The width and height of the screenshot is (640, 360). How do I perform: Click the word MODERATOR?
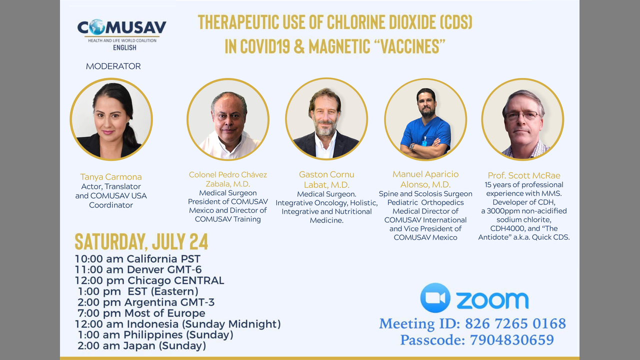[113, 66]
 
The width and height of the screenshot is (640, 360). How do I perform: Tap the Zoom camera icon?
[435, 297]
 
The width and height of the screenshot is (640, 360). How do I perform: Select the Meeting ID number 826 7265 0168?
[515, 323]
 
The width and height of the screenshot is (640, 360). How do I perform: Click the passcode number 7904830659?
[512, 340]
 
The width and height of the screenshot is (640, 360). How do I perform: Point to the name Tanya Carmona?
[111, 177]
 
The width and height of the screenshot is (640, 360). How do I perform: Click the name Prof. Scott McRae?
[523, 175]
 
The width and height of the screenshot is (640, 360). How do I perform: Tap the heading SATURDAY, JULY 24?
[141, 241]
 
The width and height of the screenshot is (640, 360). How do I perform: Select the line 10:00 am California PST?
[137, 259]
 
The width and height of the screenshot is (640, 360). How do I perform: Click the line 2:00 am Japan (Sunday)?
[141, 345]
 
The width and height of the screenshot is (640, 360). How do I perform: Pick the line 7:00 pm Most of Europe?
[141, 313]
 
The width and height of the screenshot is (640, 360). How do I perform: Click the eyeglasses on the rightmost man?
[522, 115]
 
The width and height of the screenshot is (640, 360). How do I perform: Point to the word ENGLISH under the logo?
[124, 47]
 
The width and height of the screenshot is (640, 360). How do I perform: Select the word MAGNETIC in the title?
[339, 46]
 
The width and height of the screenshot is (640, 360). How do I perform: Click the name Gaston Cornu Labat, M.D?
[326, 179]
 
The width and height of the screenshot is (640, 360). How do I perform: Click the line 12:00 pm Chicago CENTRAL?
[149, 280]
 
